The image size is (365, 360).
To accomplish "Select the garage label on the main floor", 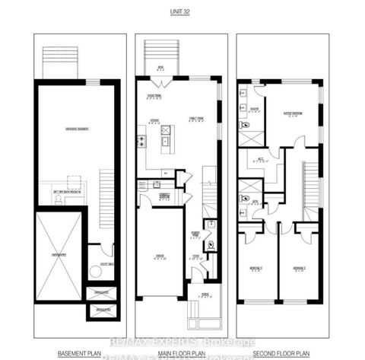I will click(159, 257).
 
